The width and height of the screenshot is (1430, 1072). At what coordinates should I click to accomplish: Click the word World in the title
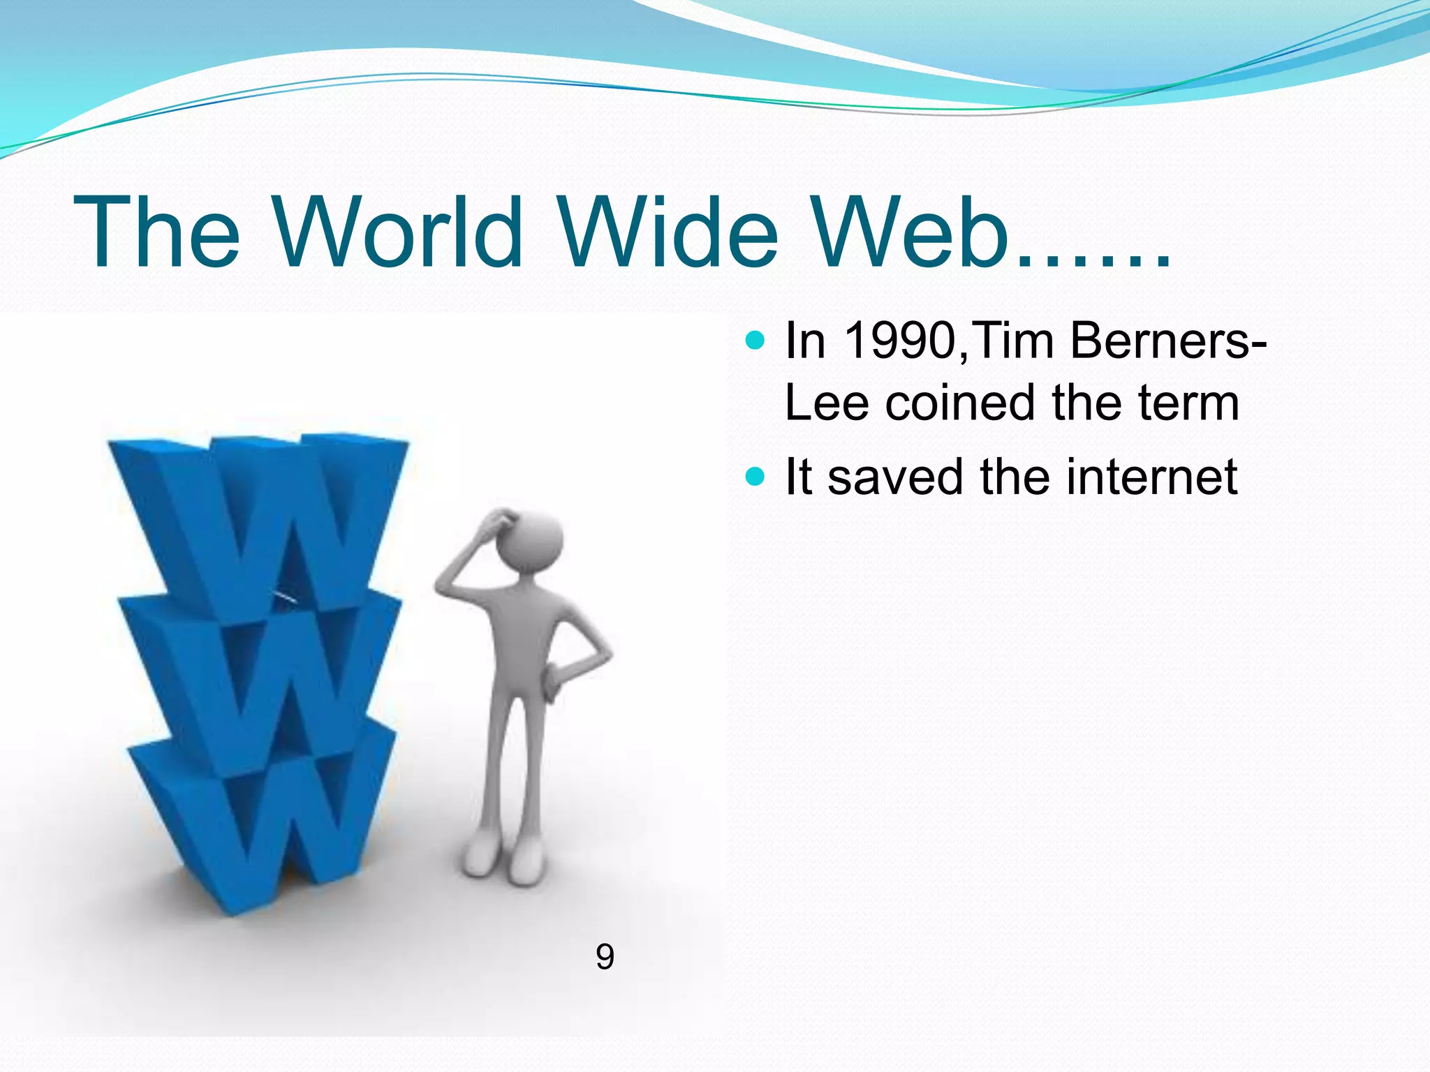tap(398, 232)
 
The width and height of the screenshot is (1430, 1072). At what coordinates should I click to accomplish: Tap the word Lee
tap(827, 403)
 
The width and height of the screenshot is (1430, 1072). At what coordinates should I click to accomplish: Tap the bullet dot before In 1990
tap(755, 341)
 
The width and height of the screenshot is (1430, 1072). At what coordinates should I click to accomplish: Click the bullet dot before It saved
tap(755, 477)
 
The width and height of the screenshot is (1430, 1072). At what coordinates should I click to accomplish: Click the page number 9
tap(605, 957)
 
